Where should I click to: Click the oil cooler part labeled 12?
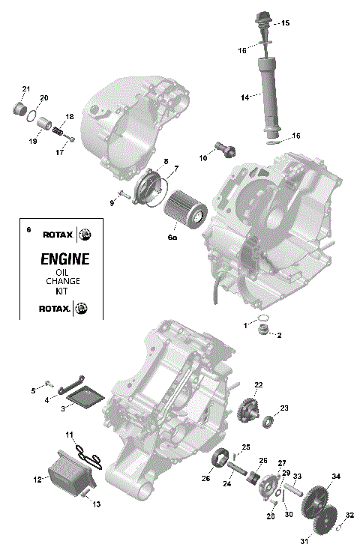[x=68, y=468]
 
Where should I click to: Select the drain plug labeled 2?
[x=263, y=331]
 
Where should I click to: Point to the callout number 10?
[x=202, y=158]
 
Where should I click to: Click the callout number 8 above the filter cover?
[x=164, y=162]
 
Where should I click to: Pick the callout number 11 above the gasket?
[x=68, y=435]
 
